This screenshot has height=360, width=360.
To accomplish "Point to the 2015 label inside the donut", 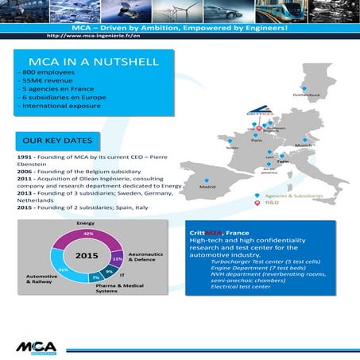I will point(86,257).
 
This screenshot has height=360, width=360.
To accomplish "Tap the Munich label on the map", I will point(303,146).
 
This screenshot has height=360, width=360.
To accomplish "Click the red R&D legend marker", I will point(256,203).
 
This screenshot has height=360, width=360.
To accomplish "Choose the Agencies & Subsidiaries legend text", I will point(295,195).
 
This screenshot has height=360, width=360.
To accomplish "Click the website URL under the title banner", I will point(94,36).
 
